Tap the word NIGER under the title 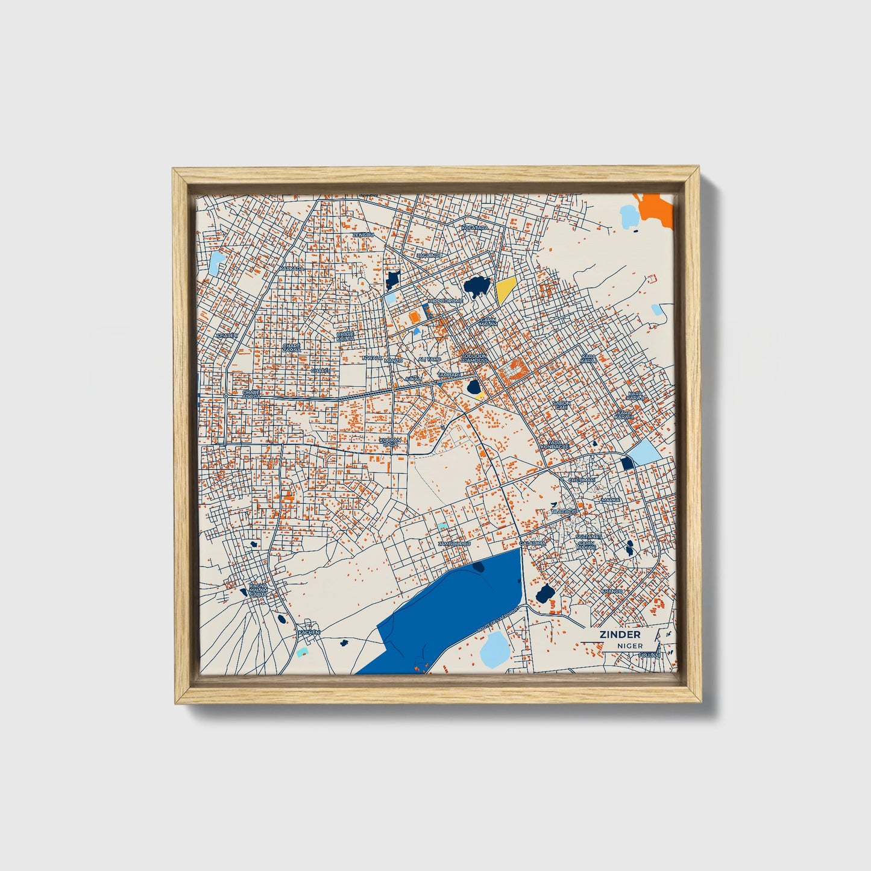[629, 646]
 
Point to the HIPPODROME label [445, 301]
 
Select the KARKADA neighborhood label [292, 268]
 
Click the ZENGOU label [363, 234]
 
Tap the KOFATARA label [474, 228]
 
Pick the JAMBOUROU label [454, 543]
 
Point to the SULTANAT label [588, 536]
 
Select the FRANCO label [611, 591]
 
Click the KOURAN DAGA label [390, 442]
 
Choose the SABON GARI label [561, 405]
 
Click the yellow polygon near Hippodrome [505, 291]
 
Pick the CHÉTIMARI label [582, 480]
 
